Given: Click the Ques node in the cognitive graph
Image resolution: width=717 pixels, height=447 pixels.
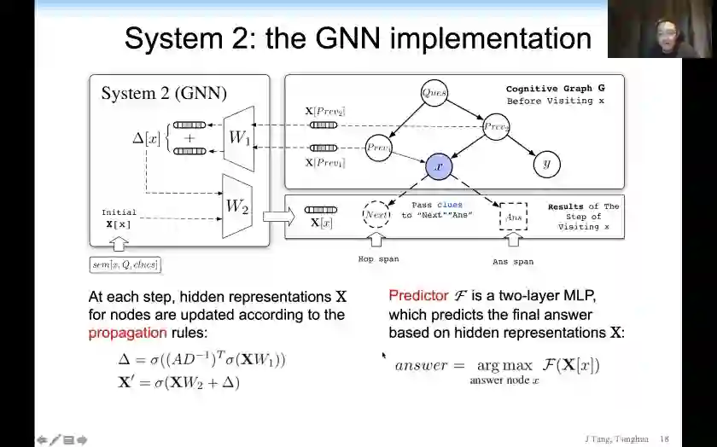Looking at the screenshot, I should [434, 93].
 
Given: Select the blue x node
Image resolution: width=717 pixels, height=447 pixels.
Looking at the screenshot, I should [438, 166].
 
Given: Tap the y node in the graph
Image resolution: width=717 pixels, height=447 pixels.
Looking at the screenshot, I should [546, 164].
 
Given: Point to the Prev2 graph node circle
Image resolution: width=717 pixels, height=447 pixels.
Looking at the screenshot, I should [496, 127].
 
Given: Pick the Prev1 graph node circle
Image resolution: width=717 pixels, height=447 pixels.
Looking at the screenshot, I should [378, 148].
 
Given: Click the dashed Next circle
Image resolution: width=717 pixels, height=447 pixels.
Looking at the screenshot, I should [376, 216].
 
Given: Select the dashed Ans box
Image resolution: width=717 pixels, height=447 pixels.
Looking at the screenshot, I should [513, 218].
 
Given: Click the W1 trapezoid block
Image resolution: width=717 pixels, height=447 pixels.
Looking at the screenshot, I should [238, 137].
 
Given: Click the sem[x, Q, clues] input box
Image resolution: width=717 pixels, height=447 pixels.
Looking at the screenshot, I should [125, 264].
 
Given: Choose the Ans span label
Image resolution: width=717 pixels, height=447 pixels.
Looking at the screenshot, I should [512, 262].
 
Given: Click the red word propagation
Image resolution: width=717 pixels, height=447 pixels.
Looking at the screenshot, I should [127, 333].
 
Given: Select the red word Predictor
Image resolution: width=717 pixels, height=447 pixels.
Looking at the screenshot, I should [418, 295].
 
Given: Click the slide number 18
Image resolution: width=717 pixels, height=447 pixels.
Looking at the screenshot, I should [664, 438].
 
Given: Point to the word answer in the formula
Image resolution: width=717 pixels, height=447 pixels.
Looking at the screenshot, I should [421, 365].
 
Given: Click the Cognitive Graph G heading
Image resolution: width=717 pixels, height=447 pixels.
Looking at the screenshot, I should [555, 89].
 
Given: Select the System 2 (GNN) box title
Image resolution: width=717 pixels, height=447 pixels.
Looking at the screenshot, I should [164, 93].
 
